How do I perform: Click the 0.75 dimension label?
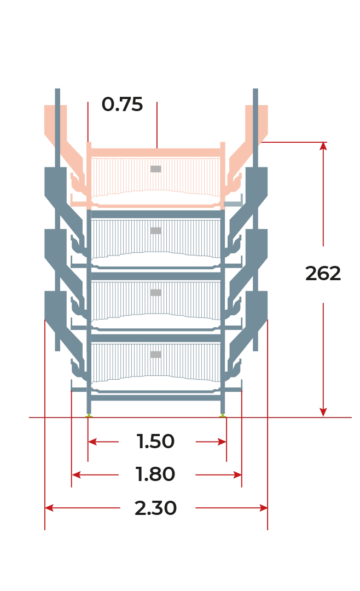122,105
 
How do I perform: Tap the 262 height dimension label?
323,273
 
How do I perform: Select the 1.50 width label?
155,442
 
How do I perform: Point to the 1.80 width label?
155,474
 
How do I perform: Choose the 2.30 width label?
155,508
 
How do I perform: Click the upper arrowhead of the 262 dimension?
323,146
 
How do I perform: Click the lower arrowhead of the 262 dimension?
323,412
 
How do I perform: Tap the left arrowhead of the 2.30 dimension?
49,508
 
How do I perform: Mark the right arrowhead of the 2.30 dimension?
263,508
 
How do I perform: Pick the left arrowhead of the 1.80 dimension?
76,474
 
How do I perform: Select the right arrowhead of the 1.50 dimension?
222,442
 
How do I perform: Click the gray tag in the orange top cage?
156,169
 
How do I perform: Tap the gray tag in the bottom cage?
156,354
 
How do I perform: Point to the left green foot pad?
89,415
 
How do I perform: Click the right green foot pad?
223,415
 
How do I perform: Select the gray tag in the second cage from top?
156,231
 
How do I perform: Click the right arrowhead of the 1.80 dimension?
237,474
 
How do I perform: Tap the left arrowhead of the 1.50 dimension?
92,442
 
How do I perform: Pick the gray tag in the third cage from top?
156,292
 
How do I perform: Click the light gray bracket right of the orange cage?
233,204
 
